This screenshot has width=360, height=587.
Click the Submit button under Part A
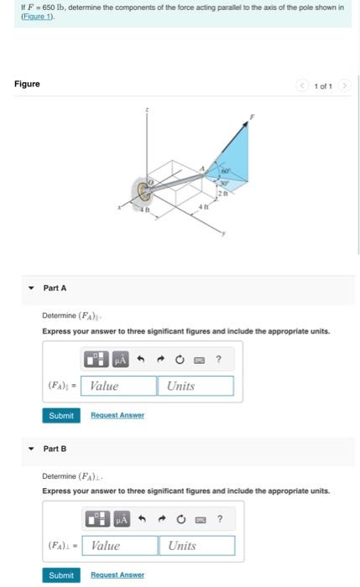point(60,415)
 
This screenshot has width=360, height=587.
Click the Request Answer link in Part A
point(117,415)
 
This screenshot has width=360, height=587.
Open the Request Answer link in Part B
point(117,575)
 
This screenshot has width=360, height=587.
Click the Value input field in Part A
point(123,386)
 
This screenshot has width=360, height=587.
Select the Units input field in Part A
point(195,386)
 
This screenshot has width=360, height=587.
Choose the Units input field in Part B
point(196,546)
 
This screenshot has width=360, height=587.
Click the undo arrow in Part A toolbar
point(143,360)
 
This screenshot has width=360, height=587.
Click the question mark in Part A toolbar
point(217,360)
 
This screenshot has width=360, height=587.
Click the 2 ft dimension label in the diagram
point(222,194)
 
